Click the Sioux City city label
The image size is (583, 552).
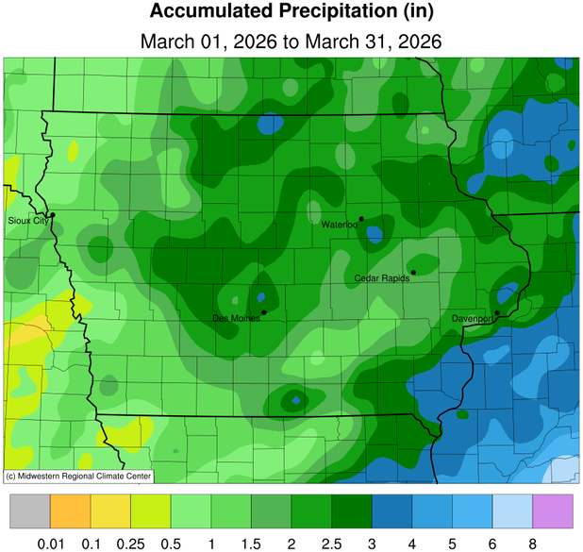click(x=25, y=220)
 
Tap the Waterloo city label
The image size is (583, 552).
click(x=339, y=225)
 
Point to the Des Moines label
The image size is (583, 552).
click(x=236, y=318)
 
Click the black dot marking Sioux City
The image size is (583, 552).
click(x=53, y=215)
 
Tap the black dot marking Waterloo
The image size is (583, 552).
click(x=361, y=219)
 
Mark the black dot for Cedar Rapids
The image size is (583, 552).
click(x=413, y=272)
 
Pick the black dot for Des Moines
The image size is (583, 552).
click(x=264, y=312)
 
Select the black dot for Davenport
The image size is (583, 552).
click(x=497, y=312)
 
